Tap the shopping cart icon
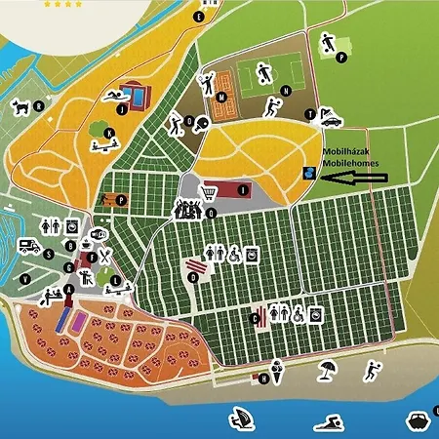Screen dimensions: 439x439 209,190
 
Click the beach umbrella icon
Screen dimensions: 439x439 327,370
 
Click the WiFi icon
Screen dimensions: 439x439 100,235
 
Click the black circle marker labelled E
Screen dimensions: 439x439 200,17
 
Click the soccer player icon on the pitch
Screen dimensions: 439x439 263,72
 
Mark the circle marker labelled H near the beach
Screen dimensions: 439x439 264,378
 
